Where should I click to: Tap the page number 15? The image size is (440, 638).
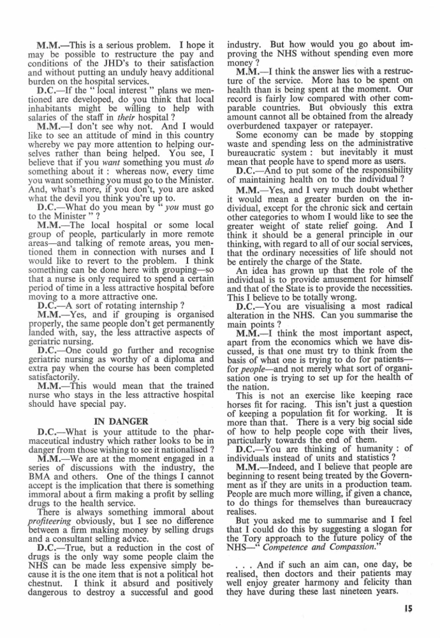pyautogui.click(x=407, y=608)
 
